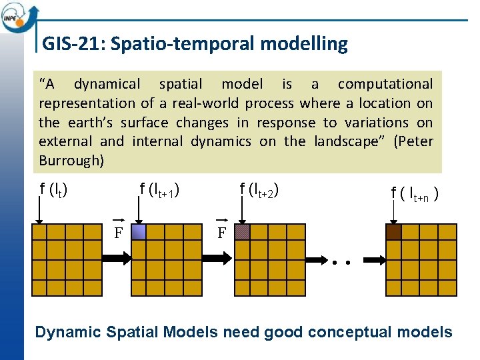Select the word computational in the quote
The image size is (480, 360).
tap(385, 84)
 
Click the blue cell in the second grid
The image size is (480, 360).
tap(139, 232)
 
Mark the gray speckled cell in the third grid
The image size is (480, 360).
tap(243, 232)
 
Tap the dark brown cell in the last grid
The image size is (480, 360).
tap(393, 232)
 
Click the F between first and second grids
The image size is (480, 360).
tap(118, 233)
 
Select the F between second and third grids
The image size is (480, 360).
tap(222, 233)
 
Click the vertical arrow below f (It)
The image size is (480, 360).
tap(39, 209)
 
